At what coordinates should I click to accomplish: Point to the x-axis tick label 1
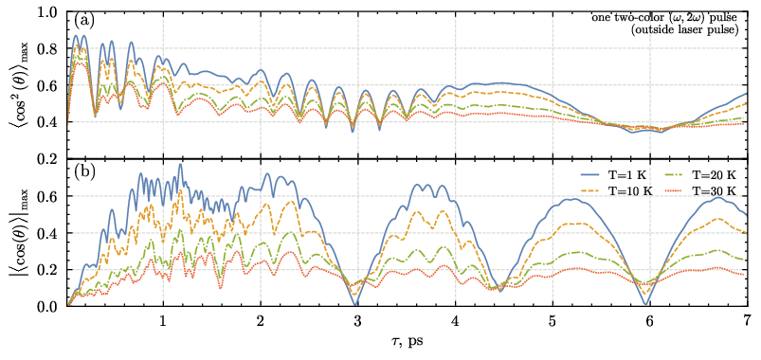pyautogui.click(x=164, y=320)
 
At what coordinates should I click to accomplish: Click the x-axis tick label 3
pyautogui.click(x=357, y=320)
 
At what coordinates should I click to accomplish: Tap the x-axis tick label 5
pyautogui.click(x=552, y=320)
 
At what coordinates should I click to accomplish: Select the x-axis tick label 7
pyautogui.click(x=745, y=320)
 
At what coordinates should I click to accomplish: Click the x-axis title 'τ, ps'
pyautogui.click(x=407, y=342)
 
